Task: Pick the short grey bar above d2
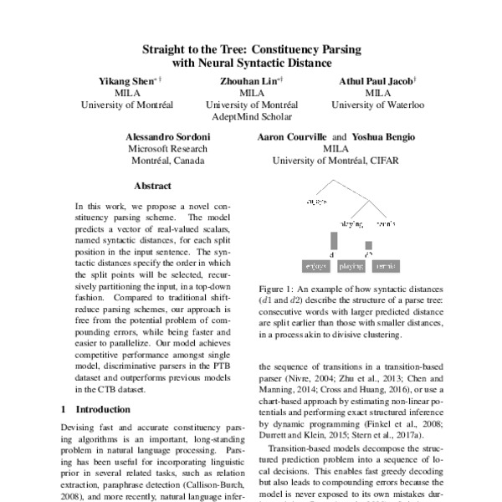coord(368,249)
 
